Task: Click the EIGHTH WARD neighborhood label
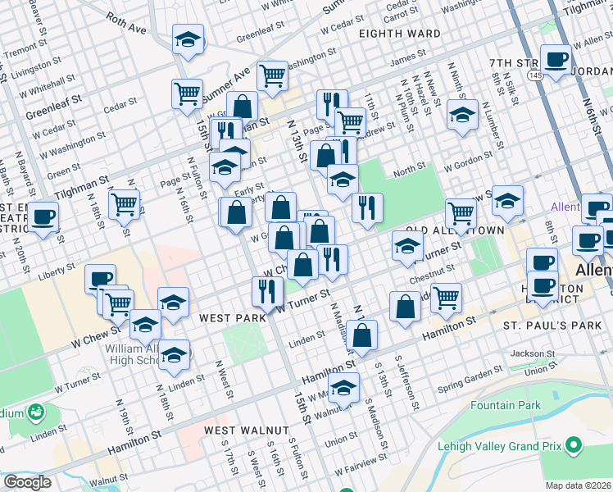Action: tap(399, 34)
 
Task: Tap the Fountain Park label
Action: tap(506, 405)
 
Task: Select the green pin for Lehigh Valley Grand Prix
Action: tap(574, 445)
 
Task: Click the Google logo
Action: tap(27, 482)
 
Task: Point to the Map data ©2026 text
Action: tap(578, 485)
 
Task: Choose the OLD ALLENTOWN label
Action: tap(456, 231)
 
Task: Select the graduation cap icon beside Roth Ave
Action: tap(188, 39)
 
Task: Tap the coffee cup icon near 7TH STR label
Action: tap(556, 59)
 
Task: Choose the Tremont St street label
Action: tap(20, 49)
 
